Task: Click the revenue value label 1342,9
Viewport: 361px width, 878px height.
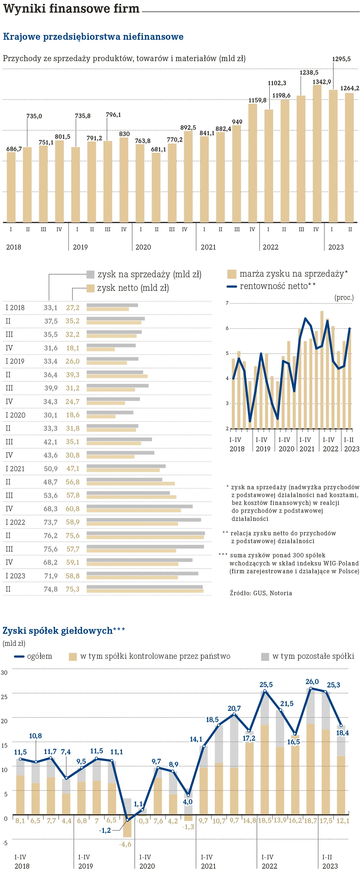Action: pos(322,82)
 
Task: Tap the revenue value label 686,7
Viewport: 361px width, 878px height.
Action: pos(14,149)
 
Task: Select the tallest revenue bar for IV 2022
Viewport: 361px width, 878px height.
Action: pos(317,153)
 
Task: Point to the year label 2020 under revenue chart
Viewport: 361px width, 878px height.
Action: pos(143,247)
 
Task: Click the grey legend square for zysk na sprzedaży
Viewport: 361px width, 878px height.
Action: pos(90,274)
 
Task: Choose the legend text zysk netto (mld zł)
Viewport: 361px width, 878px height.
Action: pos(133,288)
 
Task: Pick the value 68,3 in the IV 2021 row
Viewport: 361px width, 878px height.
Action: pos(51,509)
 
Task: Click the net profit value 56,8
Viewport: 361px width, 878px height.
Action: pos(73,482)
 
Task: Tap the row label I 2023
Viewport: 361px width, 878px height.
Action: pos(15,576)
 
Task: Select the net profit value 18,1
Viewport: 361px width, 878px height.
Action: pos(73,348)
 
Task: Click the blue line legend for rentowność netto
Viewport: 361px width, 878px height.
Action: pos(232,286)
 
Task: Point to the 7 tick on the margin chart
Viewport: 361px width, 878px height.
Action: pos(227,303)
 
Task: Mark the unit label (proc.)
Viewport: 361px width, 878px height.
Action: pos(344,297)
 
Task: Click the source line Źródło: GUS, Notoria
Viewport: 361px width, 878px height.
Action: pos(261,593)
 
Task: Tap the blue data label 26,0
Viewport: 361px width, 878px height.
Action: pos(312,682)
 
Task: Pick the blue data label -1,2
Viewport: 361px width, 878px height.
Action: pos(105,830)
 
